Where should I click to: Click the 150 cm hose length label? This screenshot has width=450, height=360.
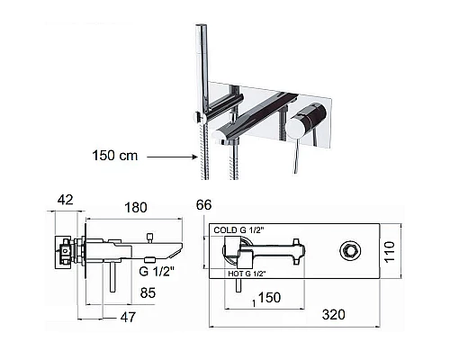[115, 156]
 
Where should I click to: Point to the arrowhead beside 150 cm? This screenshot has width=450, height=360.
[194, 157]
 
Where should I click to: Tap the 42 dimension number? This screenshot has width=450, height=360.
[66, 200]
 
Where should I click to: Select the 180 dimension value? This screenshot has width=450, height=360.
[136, 208]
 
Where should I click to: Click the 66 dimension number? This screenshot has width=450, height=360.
[203, 205]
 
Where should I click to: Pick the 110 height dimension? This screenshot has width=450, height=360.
[390, 252]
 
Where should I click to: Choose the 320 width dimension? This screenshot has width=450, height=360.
[333, 315]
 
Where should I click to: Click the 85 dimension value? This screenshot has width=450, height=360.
[148, 292]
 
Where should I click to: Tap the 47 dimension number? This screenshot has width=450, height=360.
[128, 317]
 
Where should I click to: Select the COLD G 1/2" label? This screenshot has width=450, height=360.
[238, 230]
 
